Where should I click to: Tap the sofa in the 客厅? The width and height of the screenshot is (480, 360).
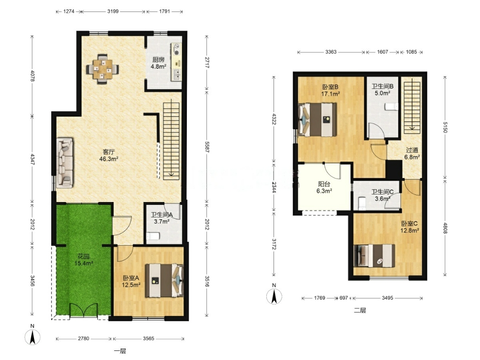tap(65, 162)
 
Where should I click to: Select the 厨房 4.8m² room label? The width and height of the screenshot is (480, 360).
tap(159, 63)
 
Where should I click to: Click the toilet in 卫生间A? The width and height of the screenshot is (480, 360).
tap(153, 236)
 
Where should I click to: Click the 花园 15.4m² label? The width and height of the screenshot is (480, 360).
tap(83, 259)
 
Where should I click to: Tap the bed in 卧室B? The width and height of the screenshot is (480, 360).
tap(318, 120)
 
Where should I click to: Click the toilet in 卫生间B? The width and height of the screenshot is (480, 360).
tap(391, 106)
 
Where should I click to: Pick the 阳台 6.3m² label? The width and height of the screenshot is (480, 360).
tap(324, 188)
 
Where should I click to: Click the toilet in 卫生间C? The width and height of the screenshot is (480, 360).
tap(362, 203)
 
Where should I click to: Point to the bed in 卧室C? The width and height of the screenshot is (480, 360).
tap(374, 256)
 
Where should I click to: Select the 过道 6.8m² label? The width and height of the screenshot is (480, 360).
tap(412, 154)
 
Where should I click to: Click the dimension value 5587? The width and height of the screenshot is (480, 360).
tap(207, 147)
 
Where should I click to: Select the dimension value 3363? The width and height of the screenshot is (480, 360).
tap(331, 52)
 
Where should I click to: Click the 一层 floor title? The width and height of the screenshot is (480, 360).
tap(120, 351)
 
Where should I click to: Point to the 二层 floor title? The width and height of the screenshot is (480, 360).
tap(360, 310)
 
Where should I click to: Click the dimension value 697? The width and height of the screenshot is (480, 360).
tap(344, 298)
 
